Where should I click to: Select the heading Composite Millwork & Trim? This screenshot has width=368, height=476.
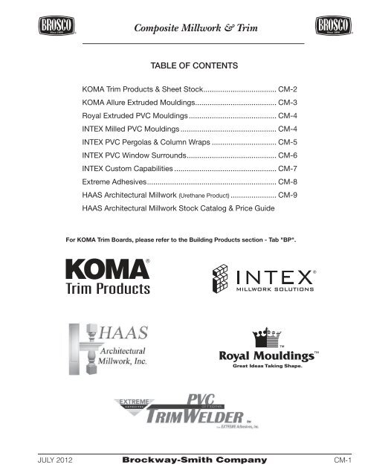point(184,28)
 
